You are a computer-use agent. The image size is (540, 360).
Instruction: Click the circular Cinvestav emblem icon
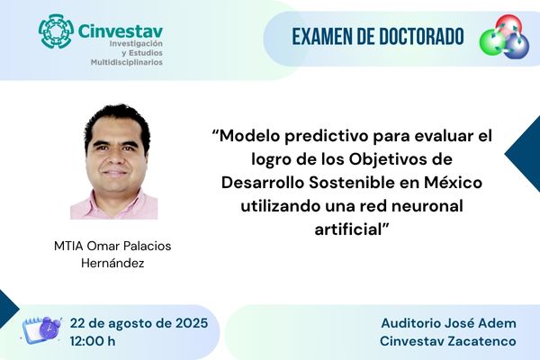[x=56, y=31]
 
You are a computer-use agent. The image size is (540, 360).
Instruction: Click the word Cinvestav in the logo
[x=121, y=31]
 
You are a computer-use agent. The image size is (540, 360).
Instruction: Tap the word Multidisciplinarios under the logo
[x=126, y=62]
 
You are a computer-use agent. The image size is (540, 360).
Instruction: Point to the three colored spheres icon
[x=504, y=36]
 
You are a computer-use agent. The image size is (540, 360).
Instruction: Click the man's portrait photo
[x=114, y=161]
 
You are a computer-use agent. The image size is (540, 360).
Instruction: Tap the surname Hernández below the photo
[x=112, y=263]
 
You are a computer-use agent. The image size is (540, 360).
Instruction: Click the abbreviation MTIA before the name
[x=68, y=246]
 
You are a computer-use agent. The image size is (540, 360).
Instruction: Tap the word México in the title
[x=454, y=183]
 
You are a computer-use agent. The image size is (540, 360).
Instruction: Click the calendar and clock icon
[x=41, y=330]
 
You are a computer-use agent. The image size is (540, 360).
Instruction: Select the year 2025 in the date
[x=192, y=323]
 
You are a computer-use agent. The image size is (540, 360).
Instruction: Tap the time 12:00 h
[x=93, y=341]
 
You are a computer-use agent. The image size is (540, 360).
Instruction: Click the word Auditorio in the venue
[x=411, y=323]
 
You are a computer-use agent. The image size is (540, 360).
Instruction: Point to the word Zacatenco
[x=482, y=341]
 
